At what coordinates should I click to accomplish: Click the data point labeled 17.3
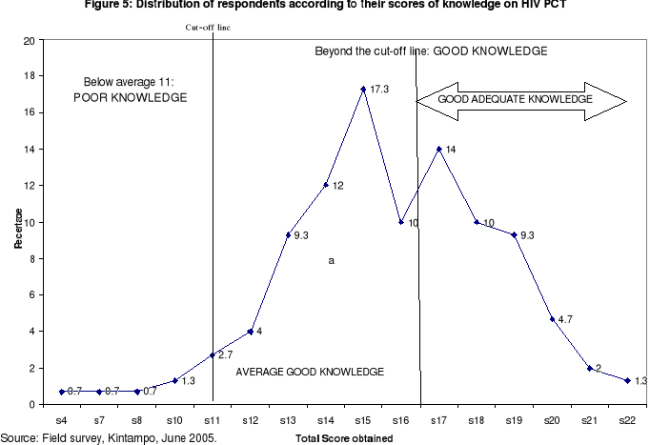(363, 89)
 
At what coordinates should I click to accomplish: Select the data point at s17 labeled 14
(438, 149)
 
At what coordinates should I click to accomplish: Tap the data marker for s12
(250, 331)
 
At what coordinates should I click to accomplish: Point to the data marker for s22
(627, 380)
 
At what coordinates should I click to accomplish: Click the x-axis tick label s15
(363, 418)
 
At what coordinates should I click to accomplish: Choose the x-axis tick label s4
(62, 418)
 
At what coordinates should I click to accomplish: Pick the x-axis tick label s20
(552, 418)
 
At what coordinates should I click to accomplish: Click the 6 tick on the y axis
(31, 295)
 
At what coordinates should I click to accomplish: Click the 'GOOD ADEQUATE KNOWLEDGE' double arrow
(520, 99)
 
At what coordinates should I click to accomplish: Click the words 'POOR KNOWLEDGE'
(131, 98)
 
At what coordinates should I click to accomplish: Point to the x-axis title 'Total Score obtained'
(344, 437)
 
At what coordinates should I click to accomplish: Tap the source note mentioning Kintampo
(109, 437)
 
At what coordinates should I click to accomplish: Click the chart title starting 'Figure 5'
(323, 6)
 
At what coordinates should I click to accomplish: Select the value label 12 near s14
(337, 185)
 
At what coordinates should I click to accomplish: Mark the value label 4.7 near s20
(566, 319)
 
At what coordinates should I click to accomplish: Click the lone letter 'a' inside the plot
(330, 259)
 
